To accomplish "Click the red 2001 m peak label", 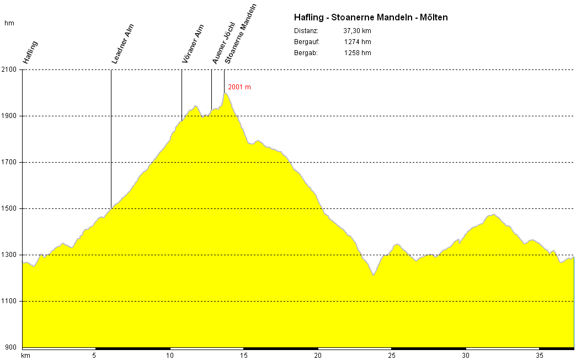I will pos(239,87).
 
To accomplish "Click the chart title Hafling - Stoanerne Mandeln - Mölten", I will pos(371,18).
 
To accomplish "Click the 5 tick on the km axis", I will pos(94,356).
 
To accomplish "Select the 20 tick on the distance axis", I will pos(317,356).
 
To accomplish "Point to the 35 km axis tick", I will pos(539,356).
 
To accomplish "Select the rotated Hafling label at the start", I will pos(30,52).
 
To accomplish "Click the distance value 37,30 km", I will pos(357,31).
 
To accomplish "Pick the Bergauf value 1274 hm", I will pos(357,42).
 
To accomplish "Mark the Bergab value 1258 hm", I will pos(357,53).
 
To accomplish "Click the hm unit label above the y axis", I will pos(9,23).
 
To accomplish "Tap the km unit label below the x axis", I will pos(25,356).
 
